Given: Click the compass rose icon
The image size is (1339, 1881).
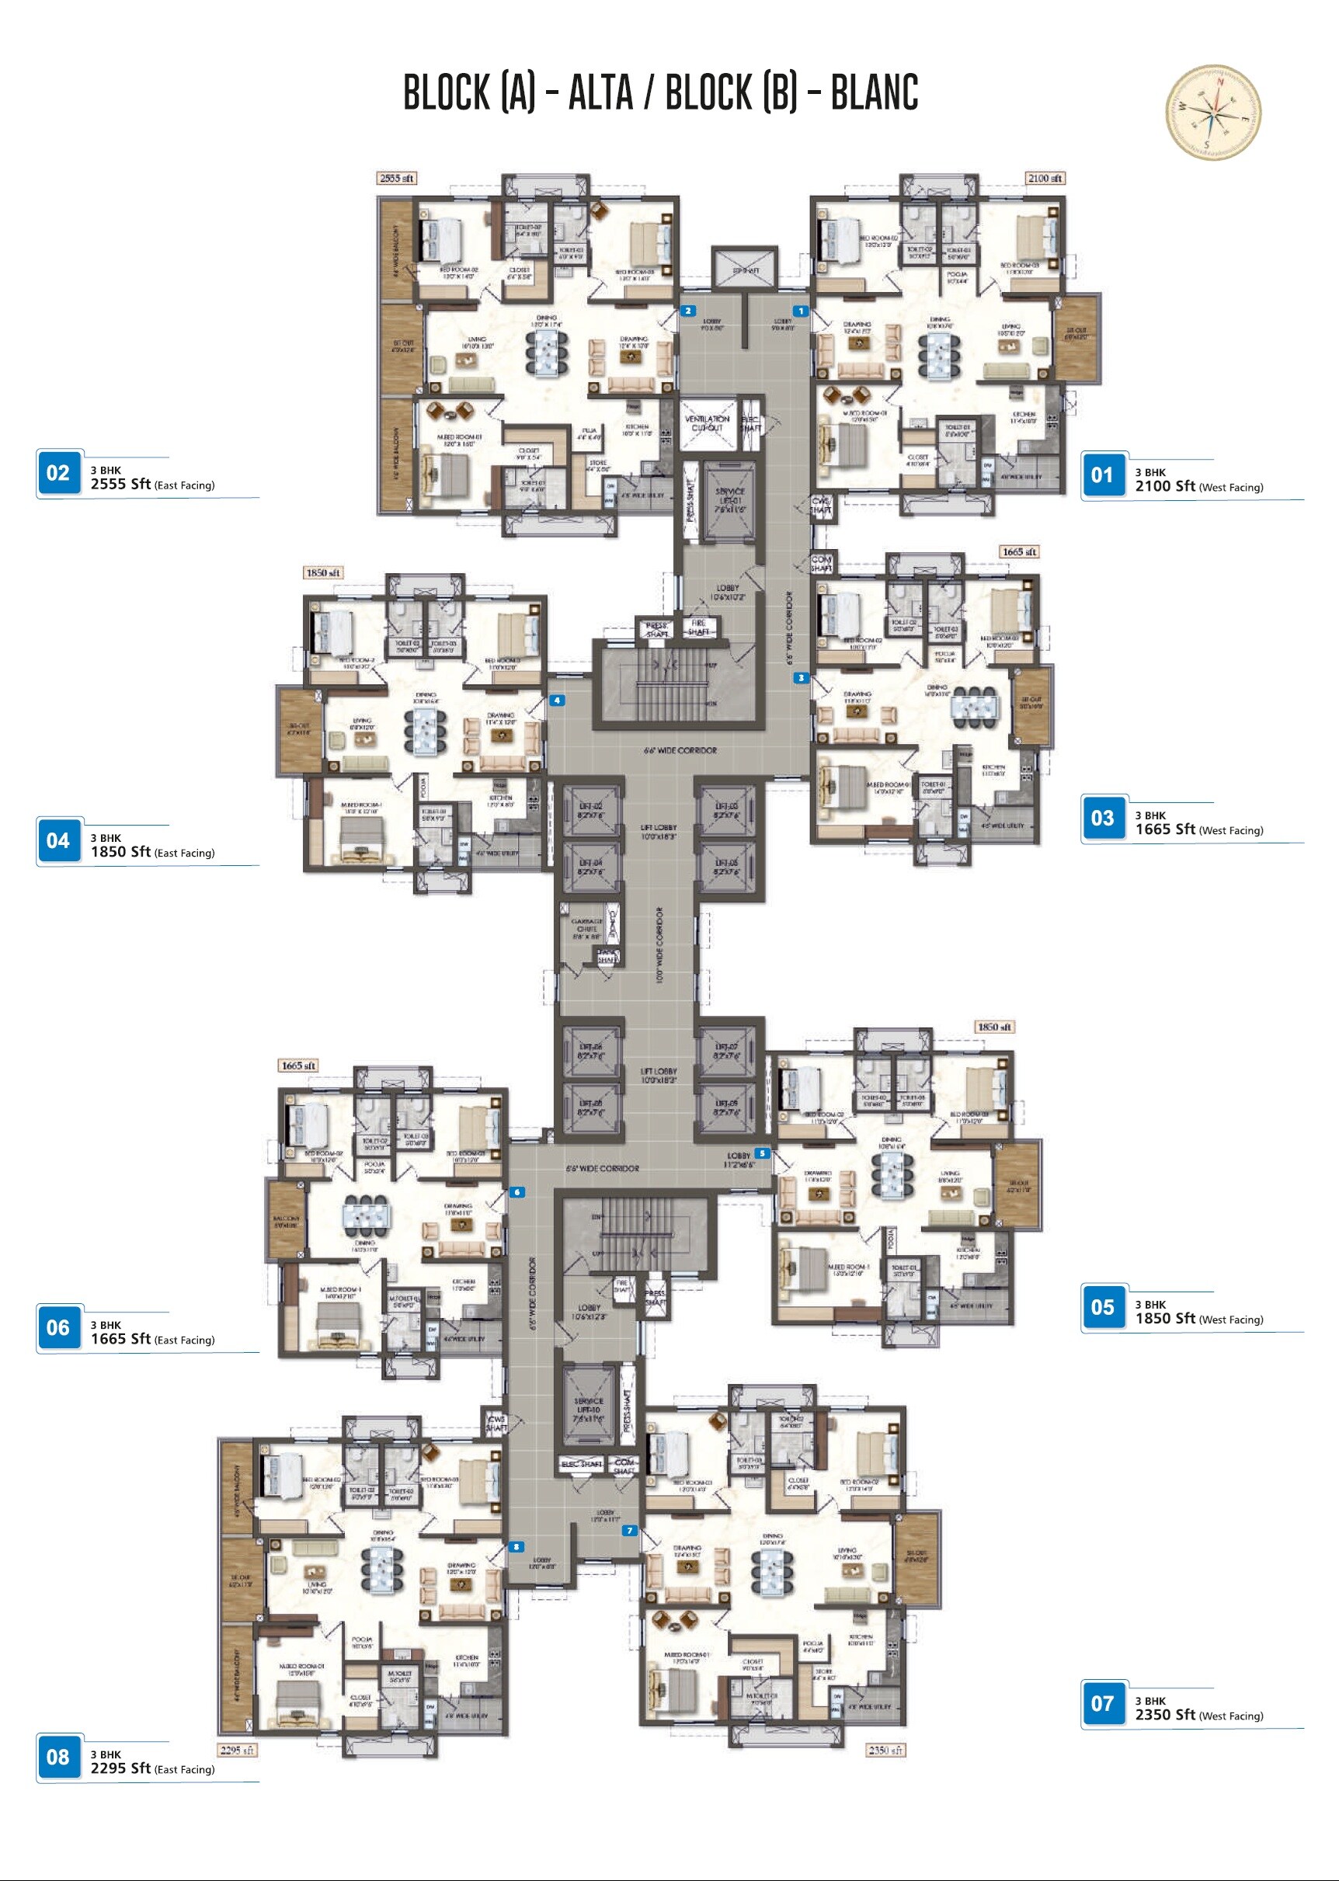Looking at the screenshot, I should coord(1213,112).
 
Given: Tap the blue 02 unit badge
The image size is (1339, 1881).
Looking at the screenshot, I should coord(58,473).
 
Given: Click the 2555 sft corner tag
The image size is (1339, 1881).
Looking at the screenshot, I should coord(397,178).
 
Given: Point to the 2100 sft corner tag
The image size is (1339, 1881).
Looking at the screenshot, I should coord(1045,178).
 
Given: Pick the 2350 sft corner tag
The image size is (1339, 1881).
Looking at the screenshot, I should coord(885,1749).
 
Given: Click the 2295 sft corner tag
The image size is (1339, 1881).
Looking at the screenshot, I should coord(237,1749).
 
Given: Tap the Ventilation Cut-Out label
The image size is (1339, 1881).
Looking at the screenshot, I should coord(707,422).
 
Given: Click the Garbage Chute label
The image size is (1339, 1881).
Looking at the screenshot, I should coord(586,928).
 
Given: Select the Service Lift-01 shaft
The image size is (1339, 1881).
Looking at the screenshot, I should coord(729,500).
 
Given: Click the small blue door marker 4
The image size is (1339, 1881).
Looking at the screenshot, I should coord(558,701).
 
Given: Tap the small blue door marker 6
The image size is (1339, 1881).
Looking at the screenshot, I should coord(517,1192).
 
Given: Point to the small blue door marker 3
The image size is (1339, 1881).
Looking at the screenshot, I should coord(801,677).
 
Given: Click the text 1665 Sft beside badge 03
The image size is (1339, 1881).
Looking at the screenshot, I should coord(1164,829).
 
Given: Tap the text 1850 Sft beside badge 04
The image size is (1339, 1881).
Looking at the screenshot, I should coord(120,851).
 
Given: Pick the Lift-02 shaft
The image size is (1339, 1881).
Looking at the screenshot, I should coord(591,809).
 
